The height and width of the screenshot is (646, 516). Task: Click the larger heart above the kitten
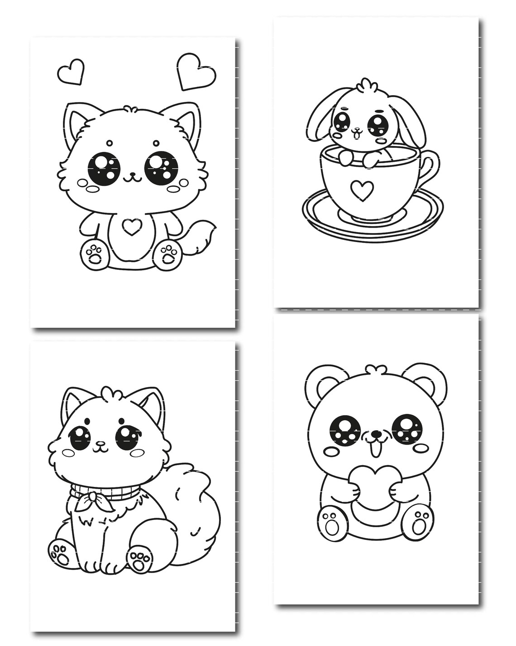tap(196, 72)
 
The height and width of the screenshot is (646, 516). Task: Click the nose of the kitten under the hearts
tap(132, 173)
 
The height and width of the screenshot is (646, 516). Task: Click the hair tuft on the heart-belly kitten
tap(131, 109)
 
